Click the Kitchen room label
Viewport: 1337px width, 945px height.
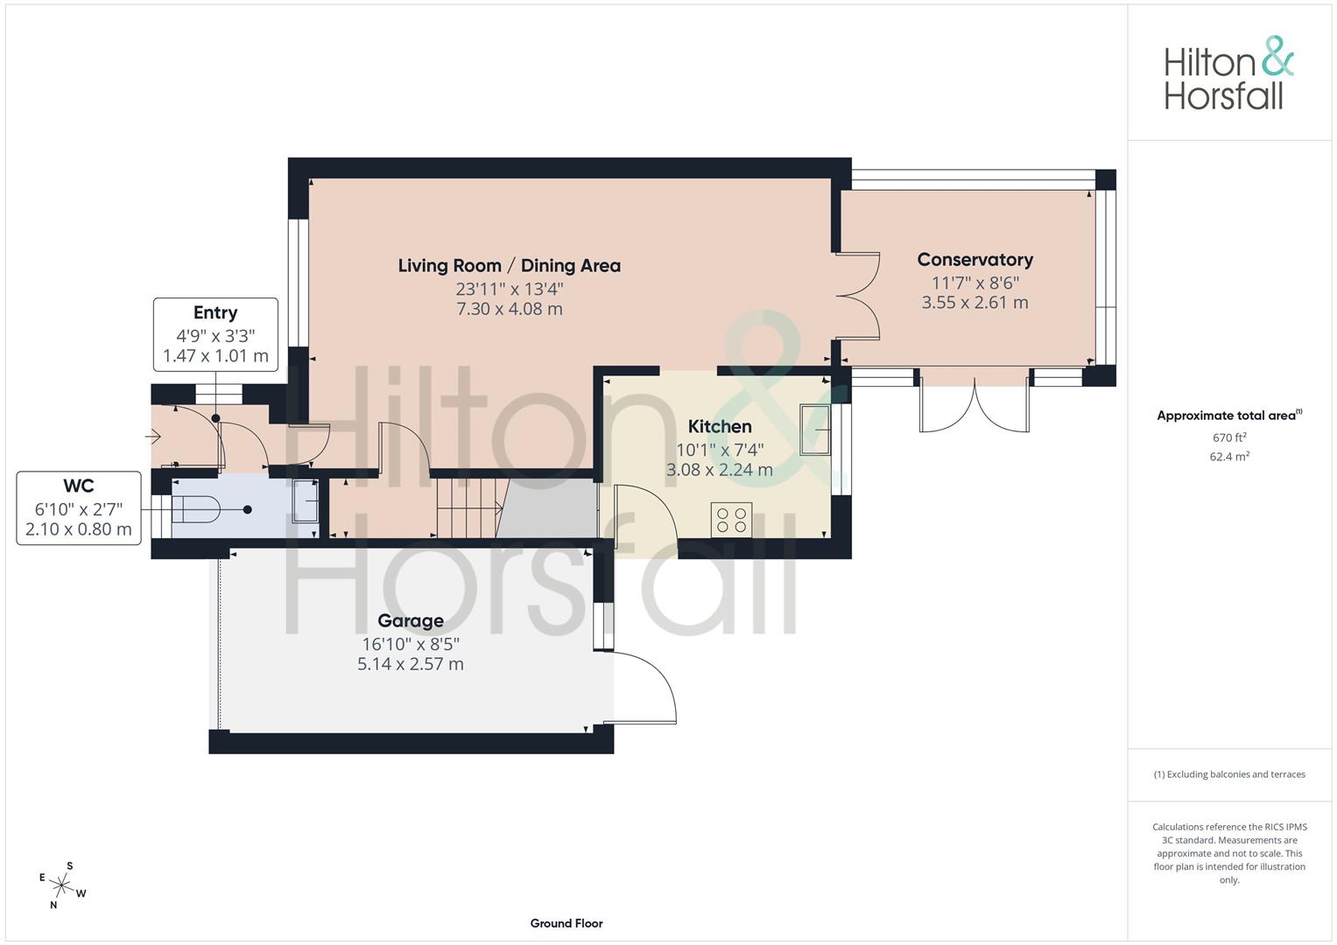[x=719, y=427]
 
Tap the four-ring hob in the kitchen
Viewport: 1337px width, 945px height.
[x=731, y=520]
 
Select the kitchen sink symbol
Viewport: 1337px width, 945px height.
[x=815, y=430]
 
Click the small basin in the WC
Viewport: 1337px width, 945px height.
[x=305, y=501]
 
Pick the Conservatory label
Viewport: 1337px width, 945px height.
[x=975, y=260]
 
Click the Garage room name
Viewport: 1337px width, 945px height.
[x=411, y=621]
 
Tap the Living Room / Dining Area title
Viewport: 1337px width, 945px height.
[x=509, y=265]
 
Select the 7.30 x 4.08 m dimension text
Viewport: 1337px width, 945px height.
[x=509, y=309]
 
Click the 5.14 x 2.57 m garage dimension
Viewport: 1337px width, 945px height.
[x=411, y=664]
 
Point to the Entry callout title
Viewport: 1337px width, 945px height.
[x=215, y=312]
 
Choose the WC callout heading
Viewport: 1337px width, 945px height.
[x=79, y=486]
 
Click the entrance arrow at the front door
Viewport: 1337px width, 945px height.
[x=153, y=437]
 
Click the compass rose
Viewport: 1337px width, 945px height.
[x=62, y=885]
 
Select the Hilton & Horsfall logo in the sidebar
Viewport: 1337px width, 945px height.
[x=1229, y=73]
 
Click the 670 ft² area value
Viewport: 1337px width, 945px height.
[x=1229, y=437]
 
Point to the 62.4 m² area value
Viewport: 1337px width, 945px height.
[x=1229, y=457]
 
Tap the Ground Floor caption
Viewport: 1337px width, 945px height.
[x=566, y=923]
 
